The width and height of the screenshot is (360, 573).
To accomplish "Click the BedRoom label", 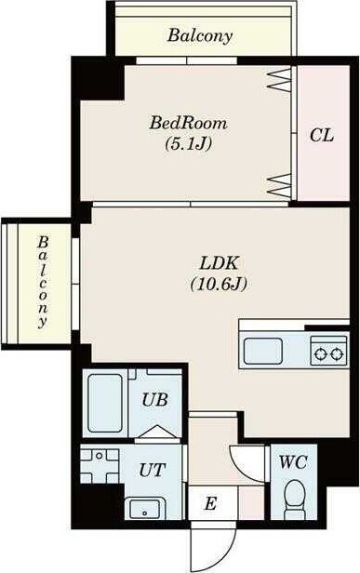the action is [188, 123].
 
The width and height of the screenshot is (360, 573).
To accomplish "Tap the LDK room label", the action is [219, 262].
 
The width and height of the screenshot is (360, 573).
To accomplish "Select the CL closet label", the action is [322, 135].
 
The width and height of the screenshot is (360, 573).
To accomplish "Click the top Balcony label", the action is [200, 35].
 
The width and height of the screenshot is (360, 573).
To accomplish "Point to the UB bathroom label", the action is [154, 400].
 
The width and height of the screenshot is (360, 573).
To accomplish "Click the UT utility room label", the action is [153, 470].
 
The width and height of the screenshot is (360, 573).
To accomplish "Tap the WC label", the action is [293, 462].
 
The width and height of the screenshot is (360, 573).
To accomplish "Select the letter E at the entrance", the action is [210, 503].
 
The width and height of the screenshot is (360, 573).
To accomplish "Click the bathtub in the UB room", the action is [105, 403].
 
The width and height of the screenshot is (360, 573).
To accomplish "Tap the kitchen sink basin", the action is [262, 352].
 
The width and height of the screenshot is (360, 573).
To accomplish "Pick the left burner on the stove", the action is [321, 353].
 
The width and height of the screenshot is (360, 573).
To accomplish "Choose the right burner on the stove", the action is [337, 353].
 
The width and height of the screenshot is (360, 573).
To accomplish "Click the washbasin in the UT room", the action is [145, 508].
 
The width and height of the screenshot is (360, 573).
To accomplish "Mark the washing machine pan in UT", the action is [100, 466].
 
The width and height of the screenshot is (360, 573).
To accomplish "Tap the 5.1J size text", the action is [188, 143].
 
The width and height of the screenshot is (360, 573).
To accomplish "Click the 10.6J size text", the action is [219, 284].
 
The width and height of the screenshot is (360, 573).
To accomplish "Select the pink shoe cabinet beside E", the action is [251, 503].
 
